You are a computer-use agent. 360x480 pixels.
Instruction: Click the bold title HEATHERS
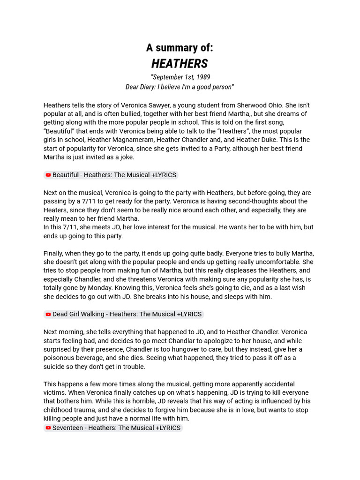tap(180, 64)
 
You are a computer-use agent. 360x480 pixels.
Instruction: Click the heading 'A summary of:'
tap(180, 48)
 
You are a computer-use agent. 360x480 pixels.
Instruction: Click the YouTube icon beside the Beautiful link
tap(48, 175)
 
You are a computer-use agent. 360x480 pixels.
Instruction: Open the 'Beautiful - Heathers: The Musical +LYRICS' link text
tap(114, 175)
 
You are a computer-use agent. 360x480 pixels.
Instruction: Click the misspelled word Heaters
tap(56, 210)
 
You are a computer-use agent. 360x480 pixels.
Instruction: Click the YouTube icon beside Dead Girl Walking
tap(48, 315)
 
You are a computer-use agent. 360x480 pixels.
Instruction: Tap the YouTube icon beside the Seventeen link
tap(48, 428)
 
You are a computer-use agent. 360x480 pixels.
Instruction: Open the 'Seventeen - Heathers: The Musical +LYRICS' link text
tap(116, 428)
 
